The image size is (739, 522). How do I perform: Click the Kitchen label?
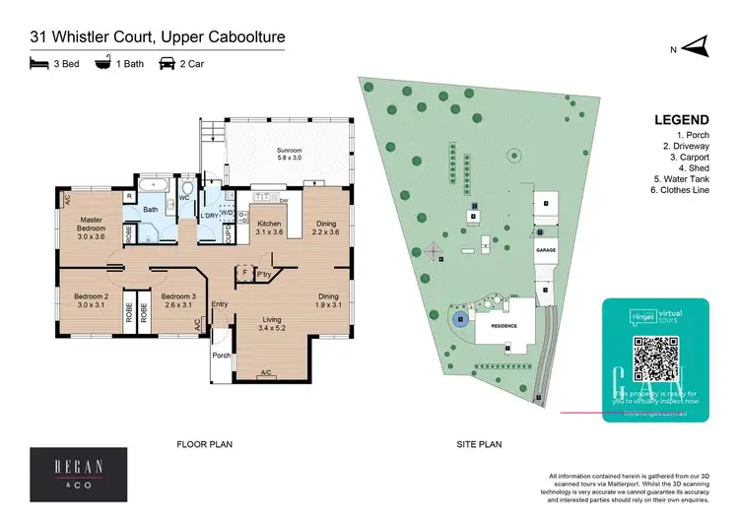[x=270, y=228]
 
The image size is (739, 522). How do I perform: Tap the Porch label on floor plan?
[x=221, y=357]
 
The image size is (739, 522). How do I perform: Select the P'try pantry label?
[x=263, y=274]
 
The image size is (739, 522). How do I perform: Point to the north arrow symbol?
[x=696, y=45]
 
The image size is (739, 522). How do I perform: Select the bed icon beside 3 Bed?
[x=38, y=65]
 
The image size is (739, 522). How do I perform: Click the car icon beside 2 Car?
[x=167, y=65]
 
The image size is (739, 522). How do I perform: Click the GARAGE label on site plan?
[x=546, y=251]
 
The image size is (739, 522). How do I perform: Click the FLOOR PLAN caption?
[x=204, y=445]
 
